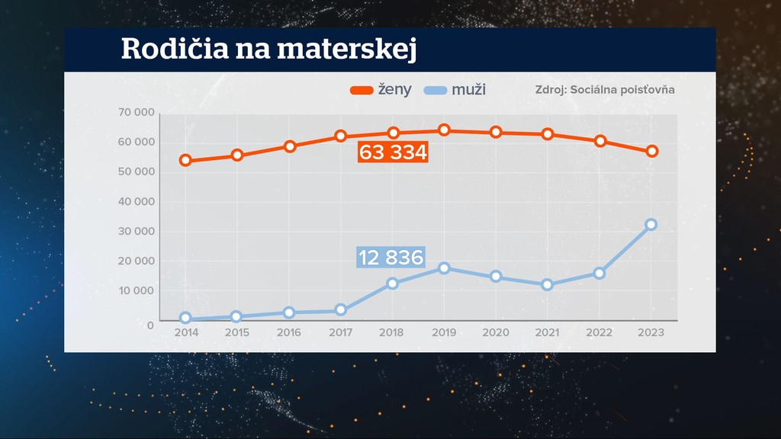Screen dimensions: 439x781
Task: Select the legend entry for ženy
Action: click(381, 90)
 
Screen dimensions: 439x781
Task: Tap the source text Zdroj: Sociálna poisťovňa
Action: click(605, 89)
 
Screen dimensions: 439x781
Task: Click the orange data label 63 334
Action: click(393, 153)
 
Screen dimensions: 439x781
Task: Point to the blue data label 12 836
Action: click(390, 258)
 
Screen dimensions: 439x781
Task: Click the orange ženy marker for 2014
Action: click(185, 161)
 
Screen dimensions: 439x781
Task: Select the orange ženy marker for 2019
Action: click(444, 130)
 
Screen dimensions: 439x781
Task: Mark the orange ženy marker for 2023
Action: click(652, 152)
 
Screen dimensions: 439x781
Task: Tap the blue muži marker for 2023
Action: click(651, 225)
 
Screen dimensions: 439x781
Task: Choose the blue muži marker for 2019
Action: click(444, 268)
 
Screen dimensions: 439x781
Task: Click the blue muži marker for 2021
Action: click(548, 285)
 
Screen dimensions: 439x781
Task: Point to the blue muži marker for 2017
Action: click(340, 310)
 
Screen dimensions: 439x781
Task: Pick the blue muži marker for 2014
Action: click(185, 319)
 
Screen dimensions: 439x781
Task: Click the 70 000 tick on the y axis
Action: click(137, 113)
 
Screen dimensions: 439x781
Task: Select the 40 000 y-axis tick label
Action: click(137, 202)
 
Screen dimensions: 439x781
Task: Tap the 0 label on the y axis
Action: click(150, 325)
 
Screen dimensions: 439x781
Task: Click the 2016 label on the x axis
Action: click(288, 333)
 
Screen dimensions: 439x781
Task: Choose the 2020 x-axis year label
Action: click(496, 333)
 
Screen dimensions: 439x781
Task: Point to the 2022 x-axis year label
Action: click(599, 333)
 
